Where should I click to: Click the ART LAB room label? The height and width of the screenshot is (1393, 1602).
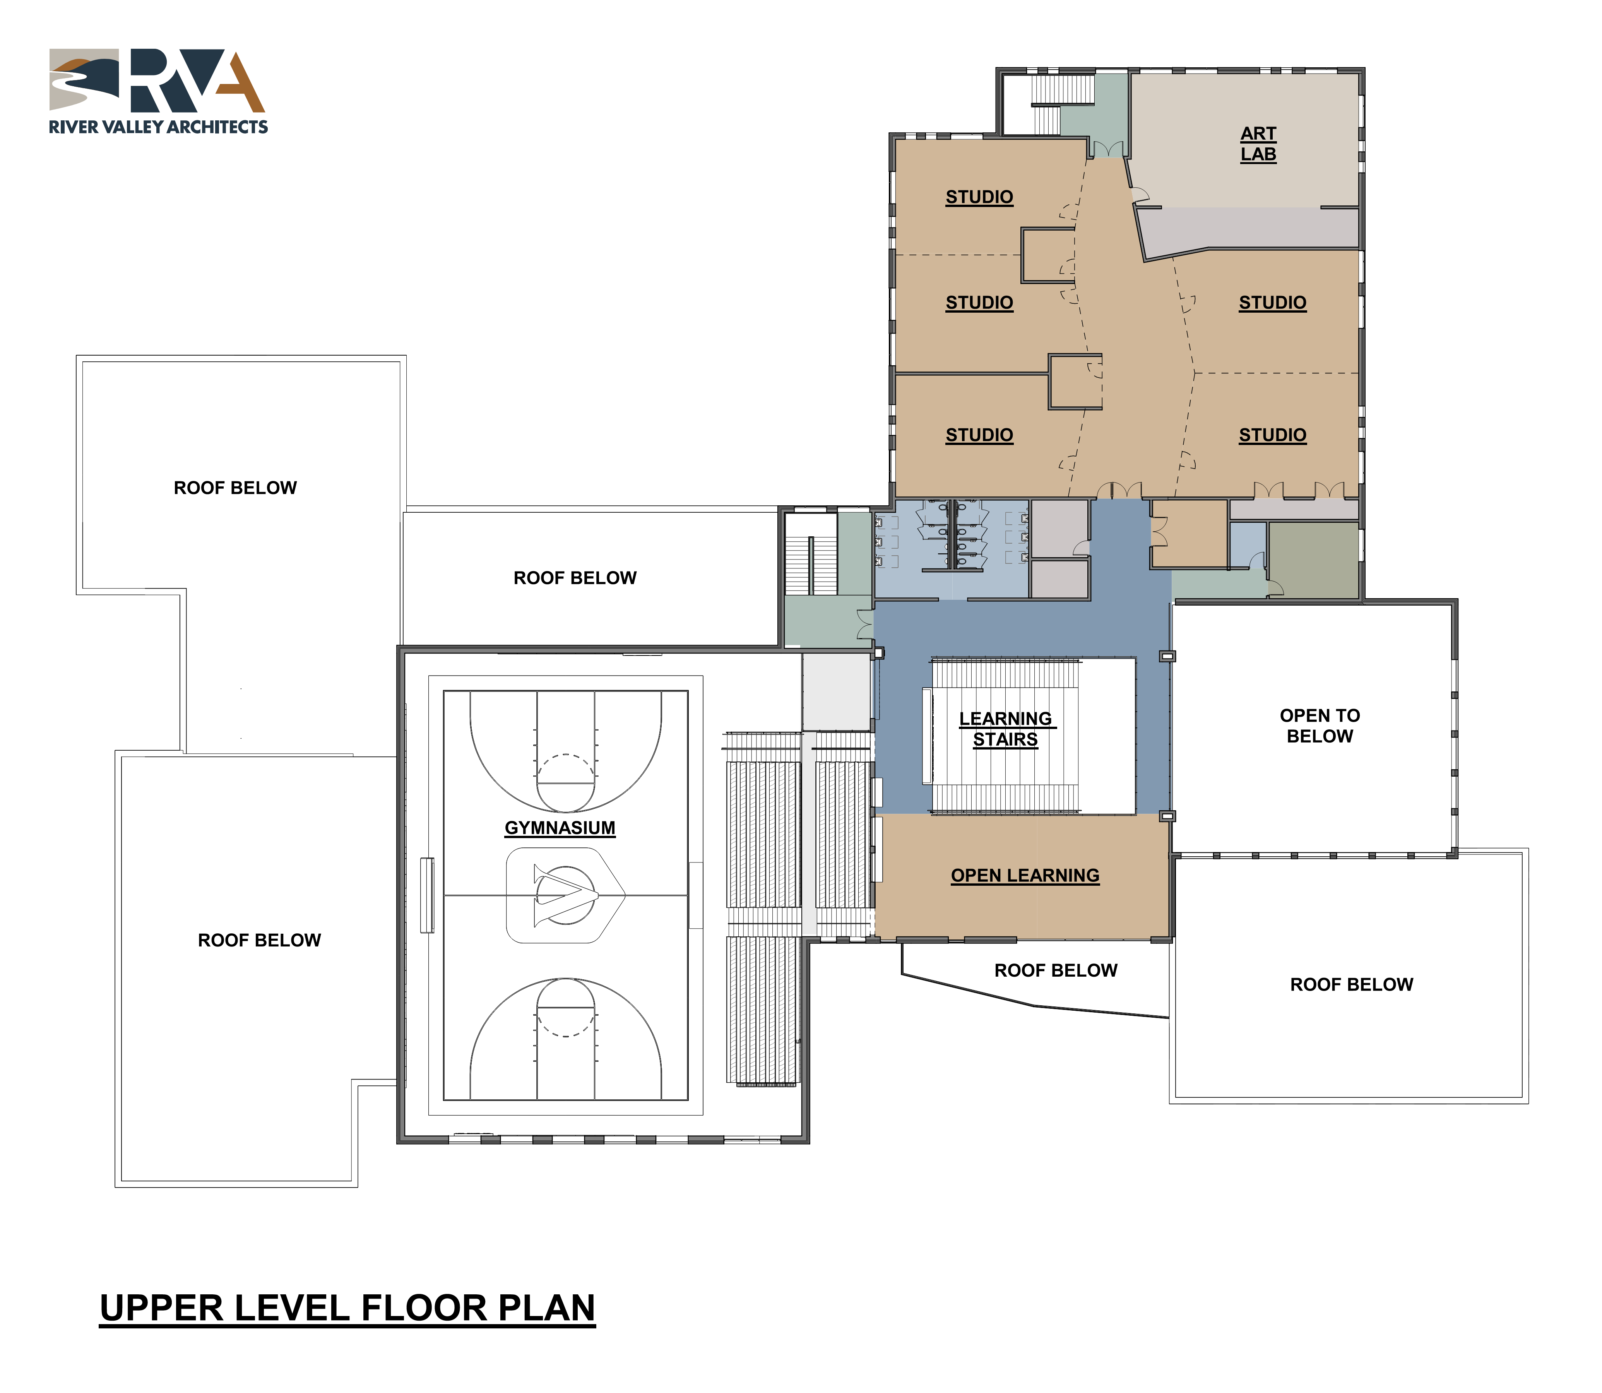point(1258,144)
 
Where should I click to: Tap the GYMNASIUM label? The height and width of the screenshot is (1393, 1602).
point(560,828)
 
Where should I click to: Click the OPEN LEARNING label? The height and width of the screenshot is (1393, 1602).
point(1025,875)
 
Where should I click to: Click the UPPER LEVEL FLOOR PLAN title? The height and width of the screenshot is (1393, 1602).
point(347,1308)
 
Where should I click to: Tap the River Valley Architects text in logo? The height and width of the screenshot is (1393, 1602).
point(159,127)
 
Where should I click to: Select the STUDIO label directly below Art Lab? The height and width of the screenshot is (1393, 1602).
point(1272,302)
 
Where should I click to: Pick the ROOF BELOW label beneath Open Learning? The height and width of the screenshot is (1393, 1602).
point(1056,970)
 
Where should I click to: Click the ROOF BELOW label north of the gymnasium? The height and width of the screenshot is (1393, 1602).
point(575,578)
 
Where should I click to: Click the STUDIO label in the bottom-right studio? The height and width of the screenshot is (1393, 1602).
point(1272,435)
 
